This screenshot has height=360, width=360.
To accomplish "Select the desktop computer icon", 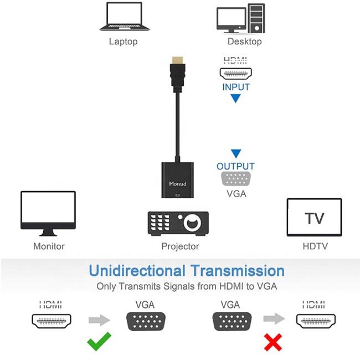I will click(240, 18).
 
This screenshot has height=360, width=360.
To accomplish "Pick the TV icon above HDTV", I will click(314, 217).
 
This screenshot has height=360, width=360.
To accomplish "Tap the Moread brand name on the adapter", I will click(178, 183).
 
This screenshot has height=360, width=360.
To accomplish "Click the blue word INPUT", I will click(236, 87).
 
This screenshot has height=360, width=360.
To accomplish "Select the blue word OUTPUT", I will click(235, 166).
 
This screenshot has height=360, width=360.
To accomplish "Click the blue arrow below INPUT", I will click(235, 99).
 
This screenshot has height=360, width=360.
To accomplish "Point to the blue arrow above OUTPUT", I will click(236, 153).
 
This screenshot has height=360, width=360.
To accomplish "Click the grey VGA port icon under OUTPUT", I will click(236, 179).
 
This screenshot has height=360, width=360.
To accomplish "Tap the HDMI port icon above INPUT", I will click(236, 73).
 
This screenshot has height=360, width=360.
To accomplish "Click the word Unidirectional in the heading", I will click(137, 271).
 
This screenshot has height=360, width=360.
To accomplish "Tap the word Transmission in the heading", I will click(238, 271).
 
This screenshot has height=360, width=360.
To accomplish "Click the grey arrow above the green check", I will click(99, 320).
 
